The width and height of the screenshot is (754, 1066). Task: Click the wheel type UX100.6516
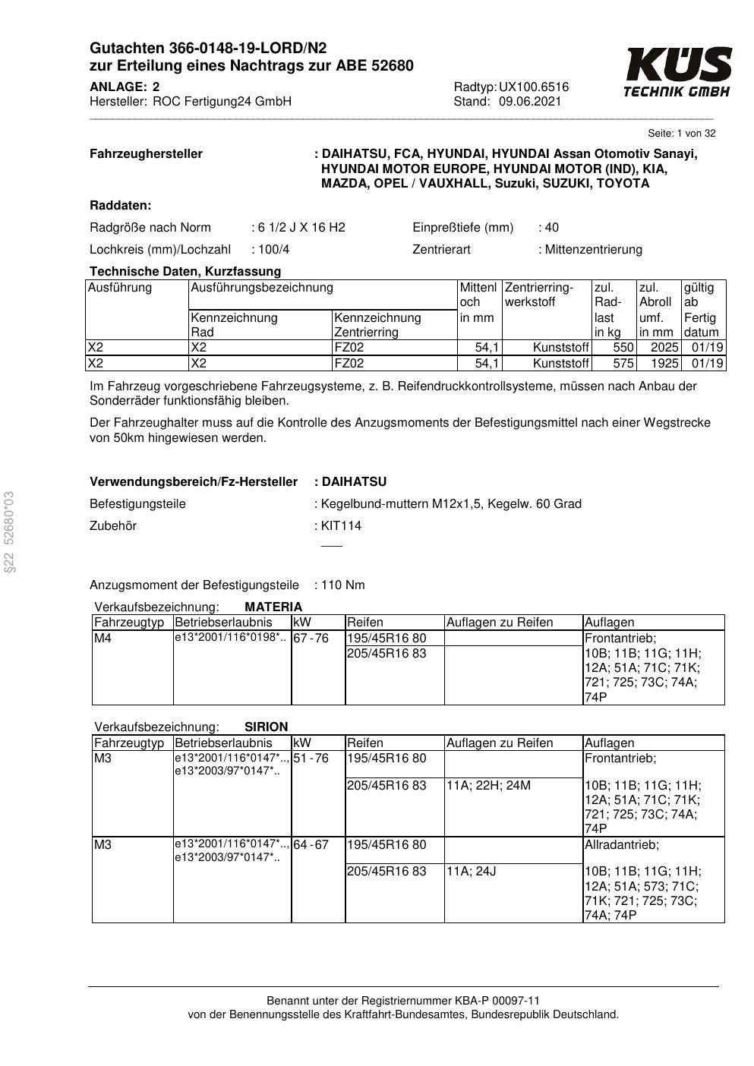[x=534, y=87]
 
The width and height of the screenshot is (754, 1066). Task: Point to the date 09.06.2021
[x=530, y=102]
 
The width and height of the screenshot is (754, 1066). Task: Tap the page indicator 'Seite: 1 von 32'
[x=681, y=134]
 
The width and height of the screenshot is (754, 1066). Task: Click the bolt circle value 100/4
[x=273, y=250]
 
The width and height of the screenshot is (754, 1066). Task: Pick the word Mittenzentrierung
[x=593, y=250]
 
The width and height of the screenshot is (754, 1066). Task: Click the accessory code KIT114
[x=341, y=526]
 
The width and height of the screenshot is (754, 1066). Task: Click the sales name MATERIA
[x=273, y=607]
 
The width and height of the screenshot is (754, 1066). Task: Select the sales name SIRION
[x=267, y=727]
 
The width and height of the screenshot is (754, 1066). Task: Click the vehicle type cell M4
[x=103, y=639]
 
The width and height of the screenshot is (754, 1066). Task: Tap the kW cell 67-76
[x=311, y=639]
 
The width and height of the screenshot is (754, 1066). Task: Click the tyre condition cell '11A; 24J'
[x=472, y=872]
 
